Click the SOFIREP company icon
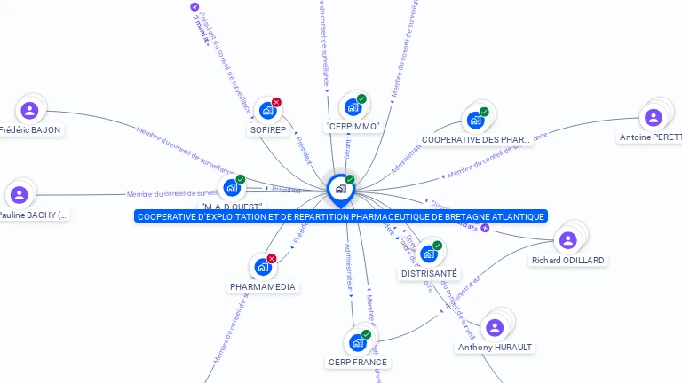pos(266,111)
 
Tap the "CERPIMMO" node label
pos(353,127)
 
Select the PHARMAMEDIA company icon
pos(262,267)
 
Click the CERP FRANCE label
pos(358,362)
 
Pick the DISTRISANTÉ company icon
pos(428,254)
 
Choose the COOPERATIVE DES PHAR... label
pos(475,139)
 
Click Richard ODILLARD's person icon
pos(567,240)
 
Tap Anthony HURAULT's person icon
pos(495,327)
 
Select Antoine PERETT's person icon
pos(654,117)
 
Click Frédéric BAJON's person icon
pos(29,110)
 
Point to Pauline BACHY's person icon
pos(20,194)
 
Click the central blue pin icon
pos(340,188)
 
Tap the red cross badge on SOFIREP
pos(276,102)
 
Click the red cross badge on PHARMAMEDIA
pos(272,258)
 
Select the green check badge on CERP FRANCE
pos(366,334)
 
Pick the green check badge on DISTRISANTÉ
pos(438,246)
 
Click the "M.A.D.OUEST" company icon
pos(232,187)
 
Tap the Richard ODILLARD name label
pos(567,260)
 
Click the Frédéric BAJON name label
pos(29,129)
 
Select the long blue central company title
pos(341,216)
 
